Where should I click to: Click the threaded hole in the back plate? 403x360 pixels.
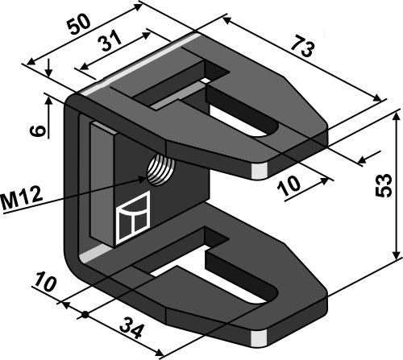click(x=158, y=168)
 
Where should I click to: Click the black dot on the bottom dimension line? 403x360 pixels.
click(x=84, y=312)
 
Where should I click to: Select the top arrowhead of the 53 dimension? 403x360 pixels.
click(x=396, y=115)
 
